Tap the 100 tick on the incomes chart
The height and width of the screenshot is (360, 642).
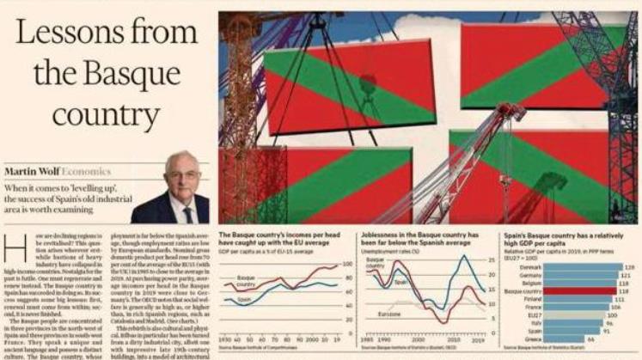click(347, 264)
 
